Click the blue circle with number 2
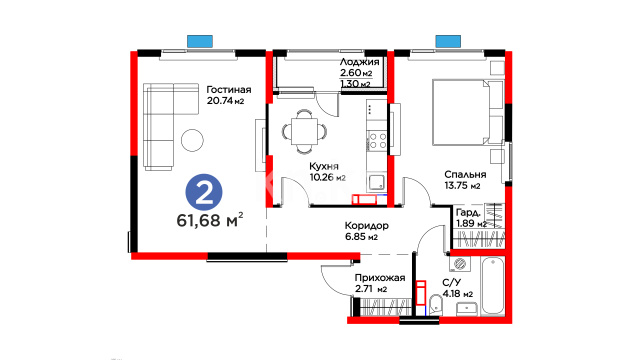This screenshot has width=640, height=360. click(204, 193)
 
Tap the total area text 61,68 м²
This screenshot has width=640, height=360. click(210, 220)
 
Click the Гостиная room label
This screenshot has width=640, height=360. click(229, 89)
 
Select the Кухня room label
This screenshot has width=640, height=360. click(324, 166)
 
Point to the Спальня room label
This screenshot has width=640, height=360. click(465, 174)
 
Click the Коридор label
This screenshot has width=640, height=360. click(367, 226)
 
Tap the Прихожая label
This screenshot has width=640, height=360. click(380, 278)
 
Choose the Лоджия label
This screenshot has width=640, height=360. click(360, 62)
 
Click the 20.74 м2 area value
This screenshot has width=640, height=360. click(225, 100)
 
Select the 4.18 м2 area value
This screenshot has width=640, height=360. click(458, 293)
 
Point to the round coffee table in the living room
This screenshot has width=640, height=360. click(192, 140)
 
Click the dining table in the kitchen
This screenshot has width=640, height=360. click(304, 131)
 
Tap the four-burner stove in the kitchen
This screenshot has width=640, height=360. click(377, 141)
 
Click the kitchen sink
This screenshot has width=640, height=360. click(377, 182)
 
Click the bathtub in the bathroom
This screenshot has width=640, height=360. click(493, 286)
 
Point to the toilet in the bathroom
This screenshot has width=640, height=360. click(436, 305)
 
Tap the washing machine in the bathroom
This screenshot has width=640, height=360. click(460, 264)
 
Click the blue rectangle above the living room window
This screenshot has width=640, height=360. click(200, 41)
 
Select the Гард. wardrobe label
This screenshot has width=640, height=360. click(468, 213)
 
